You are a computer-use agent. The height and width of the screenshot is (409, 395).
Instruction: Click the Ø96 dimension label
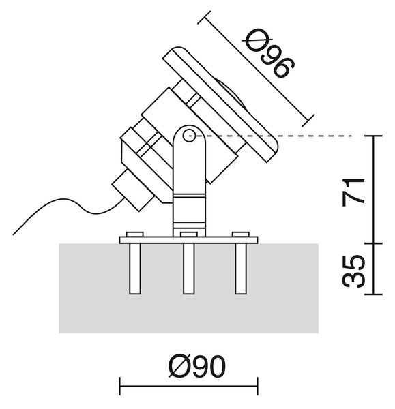269,53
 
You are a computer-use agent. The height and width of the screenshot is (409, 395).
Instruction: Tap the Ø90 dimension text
197,365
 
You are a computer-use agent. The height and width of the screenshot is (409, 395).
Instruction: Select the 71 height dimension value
353,192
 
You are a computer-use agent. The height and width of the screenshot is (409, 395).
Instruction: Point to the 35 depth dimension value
353,271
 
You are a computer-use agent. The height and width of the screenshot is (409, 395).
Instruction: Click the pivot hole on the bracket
189,136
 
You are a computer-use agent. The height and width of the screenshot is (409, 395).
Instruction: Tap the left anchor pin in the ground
135,269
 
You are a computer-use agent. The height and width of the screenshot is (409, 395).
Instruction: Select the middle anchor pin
189,269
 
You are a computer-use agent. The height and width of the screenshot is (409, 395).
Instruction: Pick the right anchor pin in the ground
240,269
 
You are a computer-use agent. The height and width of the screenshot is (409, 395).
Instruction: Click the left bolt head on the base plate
134,234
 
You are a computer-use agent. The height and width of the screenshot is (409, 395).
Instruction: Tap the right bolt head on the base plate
241,234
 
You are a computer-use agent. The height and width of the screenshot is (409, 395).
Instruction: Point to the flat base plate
188,240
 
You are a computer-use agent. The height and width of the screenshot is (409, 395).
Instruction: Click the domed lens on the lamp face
233,93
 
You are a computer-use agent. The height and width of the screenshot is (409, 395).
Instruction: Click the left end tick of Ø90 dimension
119,386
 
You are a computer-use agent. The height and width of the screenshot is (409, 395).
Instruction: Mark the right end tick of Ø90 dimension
258,386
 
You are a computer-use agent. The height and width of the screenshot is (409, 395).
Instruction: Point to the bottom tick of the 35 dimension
374,294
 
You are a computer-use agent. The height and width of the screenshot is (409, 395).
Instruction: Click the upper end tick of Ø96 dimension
204,18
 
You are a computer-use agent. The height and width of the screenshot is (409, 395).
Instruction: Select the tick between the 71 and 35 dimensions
374,243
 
